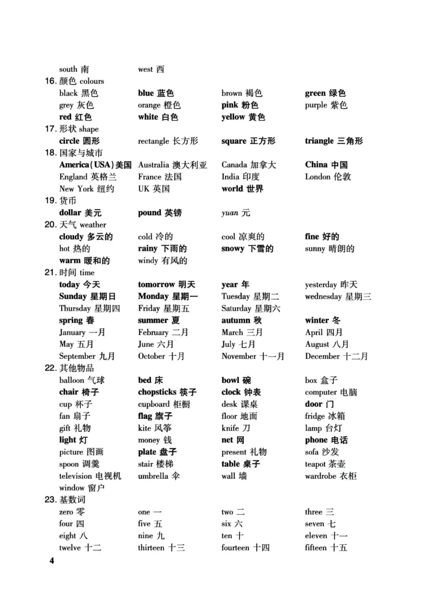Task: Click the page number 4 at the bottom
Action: (x=52, y=560)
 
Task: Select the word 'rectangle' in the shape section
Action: (x=153, y=141)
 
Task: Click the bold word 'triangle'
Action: (x=319, y=141)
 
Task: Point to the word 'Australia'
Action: (x=153, y=165)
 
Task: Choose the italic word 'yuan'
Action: (x=230, y=213)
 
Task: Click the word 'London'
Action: (x=317, y=177)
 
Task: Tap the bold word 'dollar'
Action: (x=70, y=213)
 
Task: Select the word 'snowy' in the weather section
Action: (x=233, y=249)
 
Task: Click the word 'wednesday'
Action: (x=323, y=297)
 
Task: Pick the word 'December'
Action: (x=322, y=356)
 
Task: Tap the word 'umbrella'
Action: (x=153, y=476)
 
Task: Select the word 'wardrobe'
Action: (x=320, y=476)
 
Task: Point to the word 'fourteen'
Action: (x=235, y=548)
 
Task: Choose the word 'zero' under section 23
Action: (x=66, y=512)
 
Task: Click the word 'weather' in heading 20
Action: (x=93, y=225)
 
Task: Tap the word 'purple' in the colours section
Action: (x=316, y=105)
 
